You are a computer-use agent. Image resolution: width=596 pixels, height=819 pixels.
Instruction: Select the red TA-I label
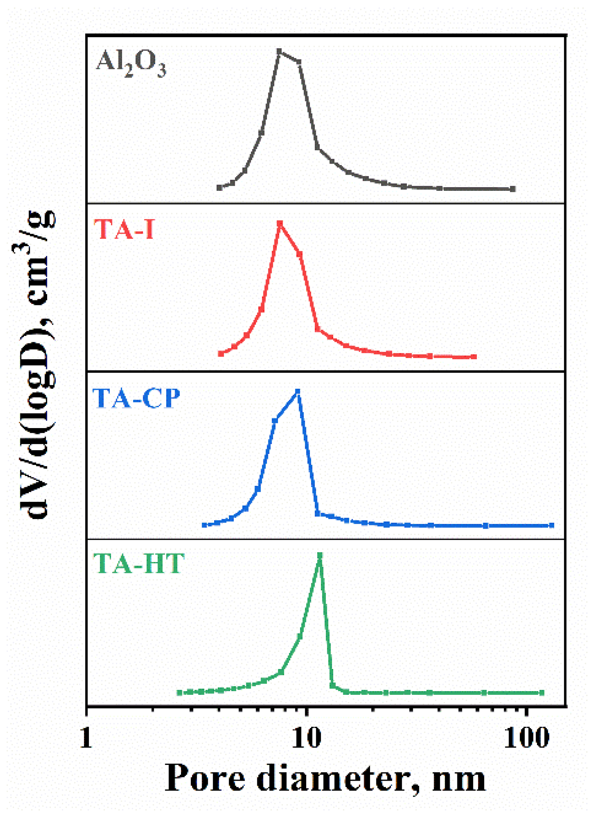(124, 230)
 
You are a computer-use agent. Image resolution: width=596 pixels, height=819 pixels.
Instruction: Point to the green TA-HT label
(139, 564)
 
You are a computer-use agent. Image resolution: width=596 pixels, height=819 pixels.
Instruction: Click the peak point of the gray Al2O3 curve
(279, 51)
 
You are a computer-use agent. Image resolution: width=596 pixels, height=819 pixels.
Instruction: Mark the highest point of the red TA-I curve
(280, 224)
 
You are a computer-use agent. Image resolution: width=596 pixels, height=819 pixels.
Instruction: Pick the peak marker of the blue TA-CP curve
(297, 391)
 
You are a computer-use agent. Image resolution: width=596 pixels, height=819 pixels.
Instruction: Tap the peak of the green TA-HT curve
(320, 555)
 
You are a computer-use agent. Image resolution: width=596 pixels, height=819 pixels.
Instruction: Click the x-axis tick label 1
(86, 738)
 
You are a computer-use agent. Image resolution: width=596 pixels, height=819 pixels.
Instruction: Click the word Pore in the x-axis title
(205, 778)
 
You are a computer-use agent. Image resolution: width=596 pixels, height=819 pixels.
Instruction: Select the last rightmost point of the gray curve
(513, 189)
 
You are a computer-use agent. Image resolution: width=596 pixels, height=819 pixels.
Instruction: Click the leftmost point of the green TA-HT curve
(180, 693)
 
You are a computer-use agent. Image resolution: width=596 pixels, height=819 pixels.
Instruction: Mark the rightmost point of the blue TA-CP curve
(551, 525)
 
